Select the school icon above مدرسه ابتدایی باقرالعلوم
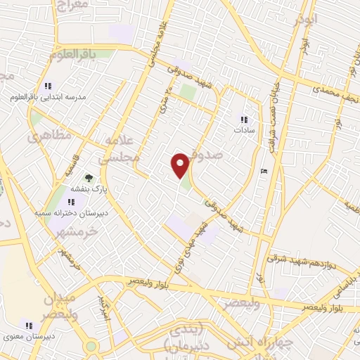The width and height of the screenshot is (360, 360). [48, 86]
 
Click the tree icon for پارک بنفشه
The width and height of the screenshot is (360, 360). [89, 179]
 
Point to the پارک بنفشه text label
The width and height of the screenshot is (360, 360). [89, 189]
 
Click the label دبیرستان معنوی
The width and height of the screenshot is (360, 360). [28, 336]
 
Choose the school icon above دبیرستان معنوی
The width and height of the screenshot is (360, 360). [28, 326]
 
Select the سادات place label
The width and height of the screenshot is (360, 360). [243, 130]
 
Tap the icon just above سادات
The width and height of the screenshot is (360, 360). [243, 120]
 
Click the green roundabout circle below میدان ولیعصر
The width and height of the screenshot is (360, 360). [91, 346]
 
